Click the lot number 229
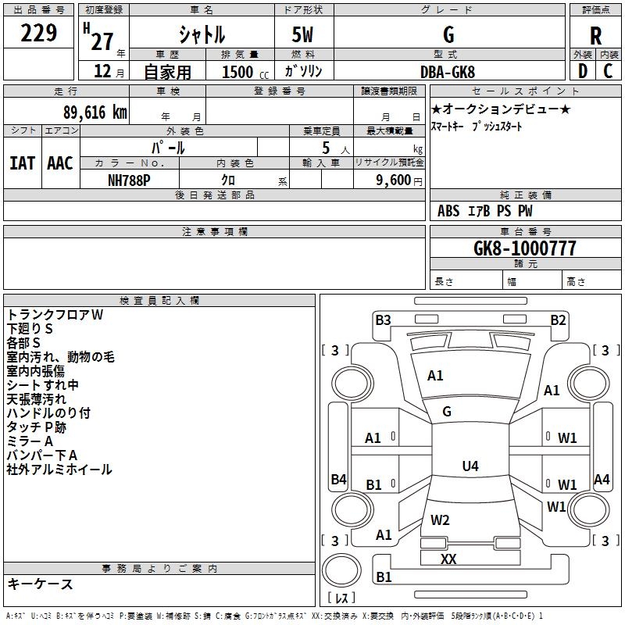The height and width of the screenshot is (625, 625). (x=39, y=34)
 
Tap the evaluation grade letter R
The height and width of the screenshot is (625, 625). (x=596, y=35)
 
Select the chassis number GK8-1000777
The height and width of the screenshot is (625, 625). (x=524, y=248)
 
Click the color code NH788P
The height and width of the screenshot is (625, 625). (x=130, y=179)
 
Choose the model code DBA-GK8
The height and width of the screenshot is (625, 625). (x=448, y=72)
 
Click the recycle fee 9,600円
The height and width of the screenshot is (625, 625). (x=398, y=179)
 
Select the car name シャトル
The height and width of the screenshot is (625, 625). (x=201, y=35)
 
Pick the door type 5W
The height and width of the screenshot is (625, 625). (x=303, y=35)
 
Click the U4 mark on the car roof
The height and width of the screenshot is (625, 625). (x=470, y=466)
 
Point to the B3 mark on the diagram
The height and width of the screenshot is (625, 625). (x=383, y=320)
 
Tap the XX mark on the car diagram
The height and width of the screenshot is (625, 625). (x=448, y=559)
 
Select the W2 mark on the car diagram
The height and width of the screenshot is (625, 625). (x=440, y=520)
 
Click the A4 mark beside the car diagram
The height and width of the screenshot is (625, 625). (x=602, y=480)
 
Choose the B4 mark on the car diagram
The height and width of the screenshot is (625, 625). (x=338, y=480)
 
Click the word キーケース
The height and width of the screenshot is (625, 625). (x=40, y=584)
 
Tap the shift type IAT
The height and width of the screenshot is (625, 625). (x=22, y=163)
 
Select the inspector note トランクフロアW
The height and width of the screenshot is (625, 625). (x=55, y=315)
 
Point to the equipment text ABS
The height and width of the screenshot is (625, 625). (x=448, y=211)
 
